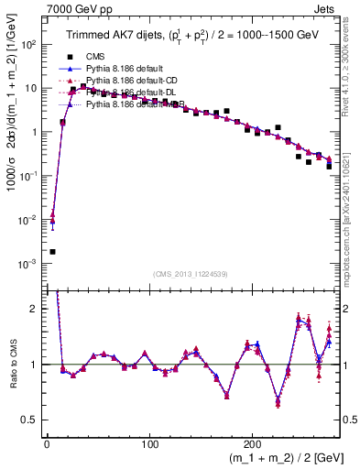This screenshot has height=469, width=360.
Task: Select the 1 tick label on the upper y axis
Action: click(x=35, y=132)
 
